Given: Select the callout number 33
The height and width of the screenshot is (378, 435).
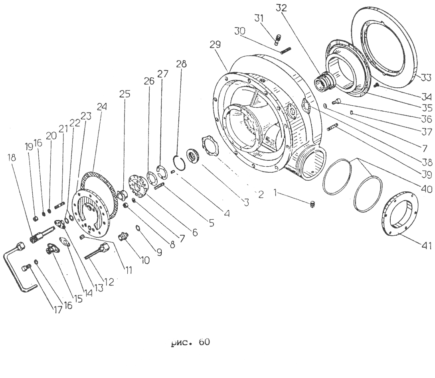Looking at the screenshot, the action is tap(423, 77).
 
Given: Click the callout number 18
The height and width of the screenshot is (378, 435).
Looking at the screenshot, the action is tap(12, 157).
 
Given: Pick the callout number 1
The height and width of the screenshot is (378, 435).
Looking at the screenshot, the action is tap(275, 193).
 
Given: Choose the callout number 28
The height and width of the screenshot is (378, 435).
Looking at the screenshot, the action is tap(182, 64).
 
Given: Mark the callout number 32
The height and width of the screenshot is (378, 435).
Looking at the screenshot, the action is tap(281, 8).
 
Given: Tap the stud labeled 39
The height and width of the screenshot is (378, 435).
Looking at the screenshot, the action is tap(332, 127).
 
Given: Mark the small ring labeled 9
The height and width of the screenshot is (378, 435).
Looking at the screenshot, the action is tap(138, 228).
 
